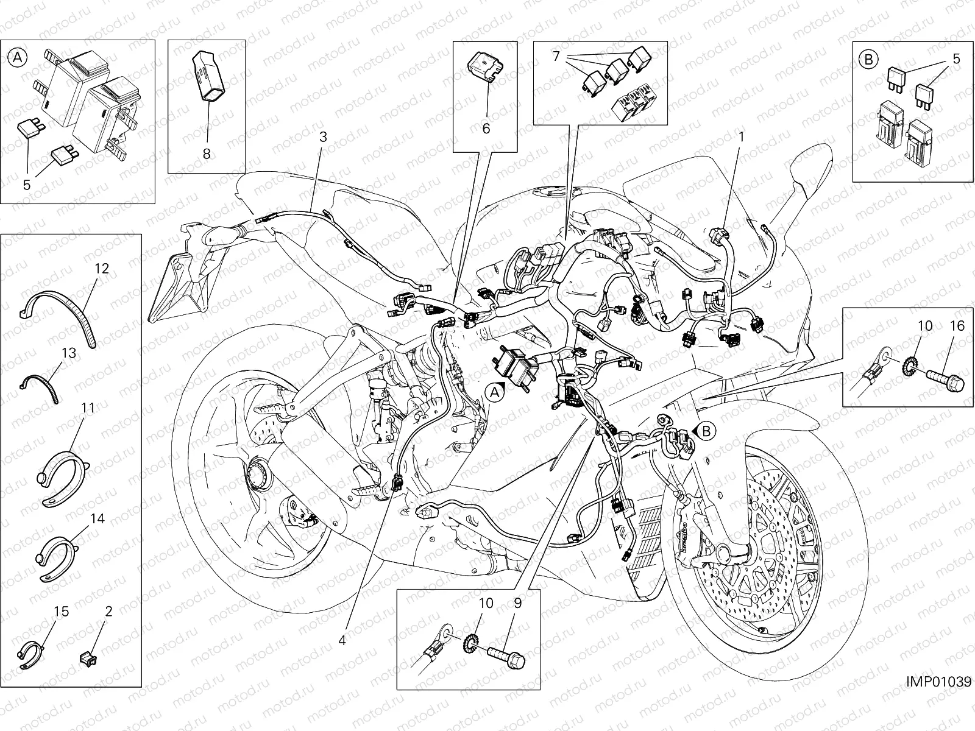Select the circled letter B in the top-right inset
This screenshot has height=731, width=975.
pos(868,59)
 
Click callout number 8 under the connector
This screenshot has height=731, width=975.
pos(207,154)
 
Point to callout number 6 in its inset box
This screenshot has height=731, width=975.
pos(486,129)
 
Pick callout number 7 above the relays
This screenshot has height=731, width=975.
pos(556,56)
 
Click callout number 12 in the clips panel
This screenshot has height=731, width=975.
pos(101,268)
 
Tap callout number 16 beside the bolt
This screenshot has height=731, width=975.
pos(957,327)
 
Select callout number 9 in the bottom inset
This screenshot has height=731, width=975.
pos(517,604)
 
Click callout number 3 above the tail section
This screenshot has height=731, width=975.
pos(323,137)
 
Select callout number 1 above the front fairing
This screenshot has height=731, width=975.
pos(741,137)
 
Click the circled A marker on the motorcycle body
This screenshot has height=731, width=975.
pos(496,393)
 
